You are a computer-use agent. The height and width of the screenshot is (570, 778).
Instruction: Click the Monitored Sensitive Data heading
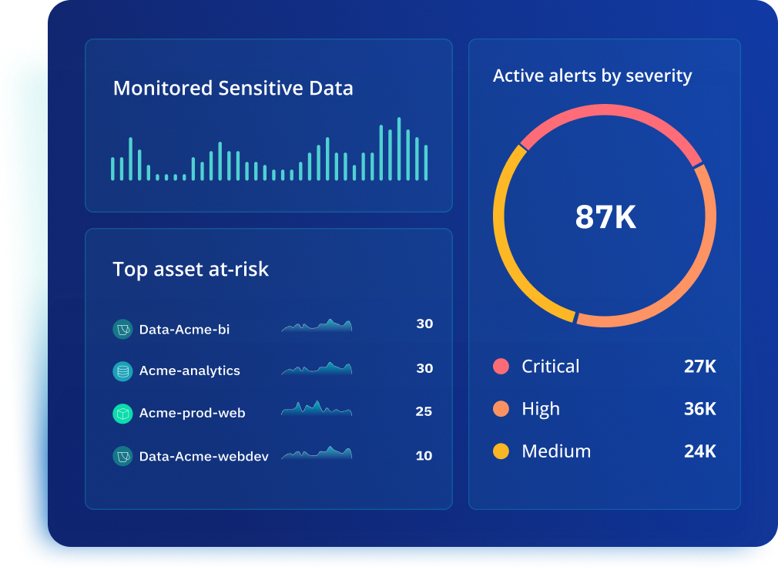click(x=233, y=89)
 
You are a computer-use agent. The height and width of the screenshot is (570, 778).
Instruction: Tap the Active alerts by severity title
click(x=592, y=75)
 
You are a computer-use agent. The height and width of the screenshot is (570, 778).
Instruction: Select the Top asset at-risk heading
click(x=190, y=270)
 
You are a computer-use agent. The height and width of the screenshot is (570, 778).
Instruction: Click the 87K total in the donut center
click(x=605, y=218)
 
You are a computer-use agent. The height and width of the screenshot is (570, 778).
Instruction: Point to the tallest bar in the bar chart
click(x=399, y=149)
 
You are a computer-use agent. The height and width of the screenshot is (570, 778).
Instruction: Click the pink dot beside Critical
click(x=501, y=367)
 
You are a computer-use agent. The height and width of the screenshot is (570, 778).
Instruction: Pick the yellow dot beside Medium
click(x=501, y=451)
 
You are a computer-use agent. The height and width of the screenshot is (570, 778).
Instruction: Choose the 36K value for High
click(x=699, y=409)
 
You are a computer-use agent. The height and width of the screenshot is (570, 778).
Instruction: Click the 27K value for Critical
click(x=699, y=367)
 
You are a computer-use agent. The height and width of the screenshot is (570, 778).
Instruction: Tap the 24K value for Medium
click(x=699, y=451)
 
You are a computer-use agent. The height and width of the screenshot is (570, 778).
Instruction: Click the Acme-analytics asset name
click(x=189, y=371)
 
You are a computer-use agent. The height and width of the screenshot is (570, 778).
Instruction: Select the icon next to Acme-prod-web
click(x=122, y=414)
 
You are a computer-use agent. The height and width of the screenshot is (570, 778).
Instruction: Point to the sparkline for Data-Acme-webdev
click(x=317, y=454)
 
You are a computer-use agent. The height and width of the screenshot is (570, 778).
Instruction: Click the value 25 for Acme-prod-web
click(x=424, y=412)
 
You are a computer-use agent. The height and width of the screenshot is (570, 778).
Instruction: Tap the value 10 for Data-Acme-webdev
click(x=424, y=456)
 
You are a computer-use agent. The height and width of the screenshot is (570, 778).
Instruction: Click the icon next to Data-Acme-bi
click(x=122, y=330)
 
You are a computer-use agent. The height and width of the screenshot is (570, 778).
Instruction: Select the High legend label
click(x=541, y=409)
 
